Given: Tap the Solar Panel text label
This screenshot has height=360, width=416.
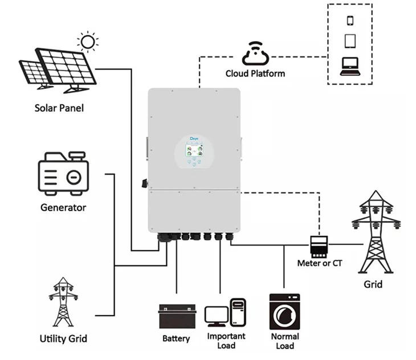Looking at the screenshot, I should tap(59, 108).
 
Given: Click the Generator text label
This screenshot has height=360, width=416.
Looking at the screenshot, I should tap(63, 207).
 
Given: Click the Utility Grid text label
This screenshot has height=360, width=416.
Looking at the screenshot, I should tap(63, 338).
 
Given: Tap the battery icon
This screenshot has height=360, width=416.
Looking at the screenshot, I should tap(176, 316).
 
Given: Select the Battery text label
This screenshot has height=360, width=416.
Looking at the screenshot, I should tap(176, 338).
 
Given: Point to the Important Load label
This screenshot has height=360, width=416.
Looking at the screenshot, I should tap(226, 341).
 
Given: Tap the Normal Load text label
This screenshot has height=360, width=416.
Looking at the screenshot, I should tap(285, 341).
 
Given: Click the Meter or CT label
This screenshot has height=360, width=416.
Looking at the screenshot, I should tap(319, 263).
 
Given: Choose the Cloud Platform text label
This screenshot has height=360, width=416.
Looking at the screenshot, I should tap(255, 73).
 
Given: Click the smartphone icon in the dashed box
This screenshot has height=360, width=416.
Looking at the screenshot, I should tap(350, 20).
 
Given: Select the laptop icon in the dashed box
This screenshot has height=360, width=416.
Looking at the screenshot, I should tap(350, 67).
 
